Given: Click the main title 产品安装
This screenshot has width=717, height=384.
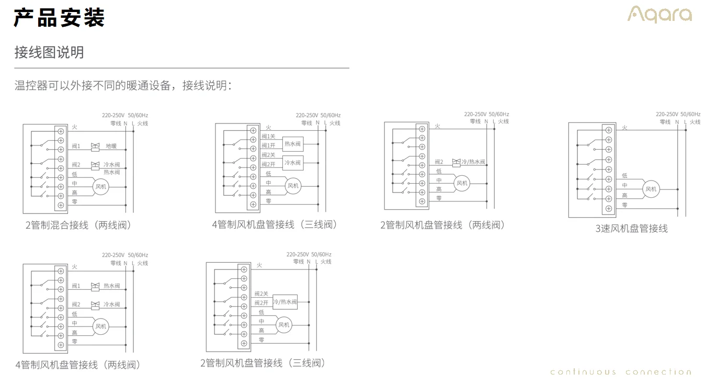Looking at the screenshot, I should click(x=59, y=17).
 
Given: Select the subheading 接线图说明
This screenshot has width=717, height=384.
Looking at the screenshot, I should click(x=49, y=52).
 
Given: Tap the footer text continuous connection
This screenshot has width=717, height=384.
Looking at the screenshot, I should click(x=621, y=372).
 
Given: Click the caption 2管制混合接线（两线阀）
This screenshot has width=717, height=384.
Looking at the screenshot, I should click(x=78, y=225).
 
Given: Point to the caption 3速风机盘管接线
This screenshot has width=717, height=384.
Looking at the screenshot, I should click(x=631, y=228).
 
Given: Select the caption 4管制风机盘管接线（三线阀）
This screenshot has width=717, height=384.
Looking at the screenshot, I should click(x=275, y=224).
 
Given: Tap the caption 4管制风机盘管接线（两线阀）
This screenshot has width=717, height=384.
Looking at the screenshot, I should click(x=78, y=365).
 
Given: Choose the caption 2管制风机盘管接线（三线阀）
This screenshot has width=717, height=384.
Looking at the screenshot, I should click(x=263, y=363).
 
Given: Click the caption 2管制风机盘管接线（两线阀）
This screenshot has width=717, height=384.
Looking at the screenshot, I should click(x=443, y=225).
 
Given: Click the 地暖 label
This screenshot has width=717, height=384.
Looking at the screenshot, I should click(x=111, y=146).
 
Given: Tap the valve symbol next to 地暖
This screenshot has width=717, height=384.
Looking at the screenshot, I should click(x=95, y=146).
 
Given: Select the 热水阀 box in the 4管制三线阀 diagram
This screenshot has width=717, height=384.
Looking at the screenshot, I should click(x=292, y=144).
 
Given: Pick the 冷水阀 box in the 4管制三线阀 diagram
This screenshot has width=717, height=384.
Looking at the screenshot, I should click(x=292, y=163).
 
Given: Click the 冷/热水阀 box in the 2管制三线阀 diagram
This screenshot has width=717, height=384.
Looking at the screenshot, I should click(x=285, y=302).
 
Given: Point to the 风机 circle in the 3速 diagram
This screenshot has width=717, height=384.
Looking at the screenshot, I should click(x=651, y=189).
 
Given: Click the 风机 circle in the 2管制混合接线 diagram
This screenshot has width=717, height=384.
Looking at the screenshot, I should click(x=100, y=186).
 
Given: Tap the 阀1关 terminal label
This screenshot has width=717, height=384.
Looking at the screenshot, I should click(x=268, y=137).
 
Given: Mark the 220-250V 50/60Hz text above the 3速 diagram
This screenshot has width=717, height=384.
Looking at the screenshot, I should click(x=678, y=114).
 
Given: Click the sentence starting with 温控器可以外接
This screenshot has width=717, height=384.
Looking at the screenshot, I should click(x=123, y=86).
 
